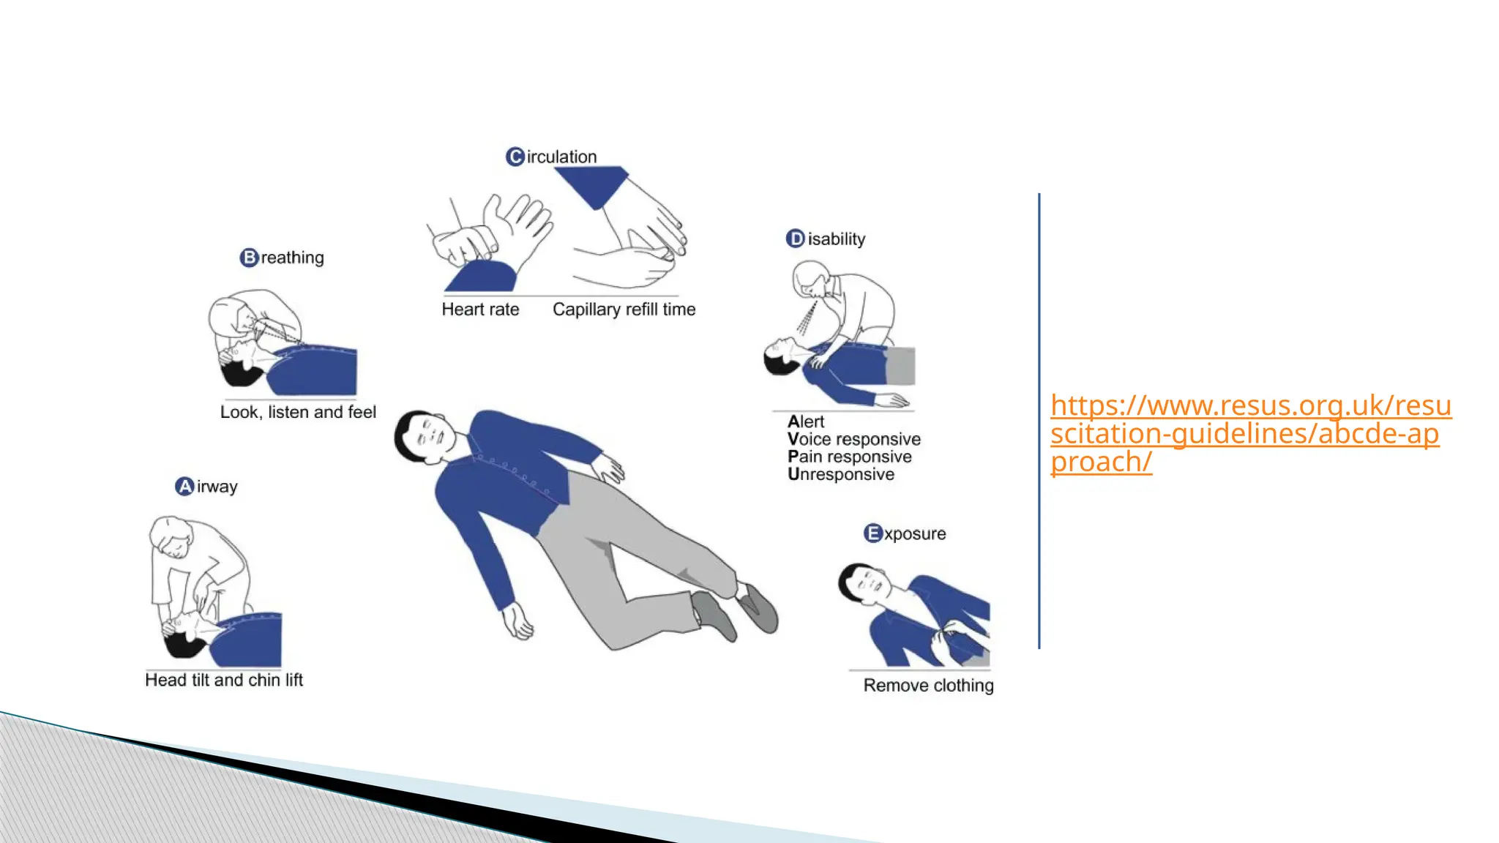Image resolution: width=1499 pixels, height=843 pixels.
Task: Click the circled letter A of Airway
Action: pos(184,487)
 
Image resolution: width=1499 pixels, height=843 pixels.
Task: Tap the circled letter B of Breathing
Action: pos(249,258)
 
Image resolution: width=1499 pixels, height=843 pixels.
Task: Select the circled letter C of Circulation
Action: pos(515,157)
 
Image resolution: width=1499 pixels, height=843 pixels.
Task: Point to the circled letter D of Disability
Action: pos(795,239)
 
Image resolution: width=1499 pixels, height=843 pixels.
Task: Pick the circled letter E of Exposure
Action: pos(872,533)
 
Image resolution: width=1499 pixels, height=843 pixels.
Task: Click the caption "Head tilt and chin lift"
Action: pos(224,680)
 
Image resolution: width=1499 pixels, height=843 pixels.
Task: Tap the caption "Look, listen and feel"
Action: pos(298,412)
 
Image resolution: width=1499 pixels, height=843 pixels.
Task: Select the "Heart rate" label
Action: pos(480,310)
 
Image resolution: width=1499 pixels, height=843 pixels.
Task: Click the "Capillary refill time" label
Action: pos(624,310)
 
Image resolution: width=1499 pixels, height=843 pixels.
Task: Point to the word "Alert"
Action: pos(806,421)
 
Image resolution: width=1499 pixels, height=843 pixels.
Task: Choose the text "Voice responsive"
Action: pos(854,439)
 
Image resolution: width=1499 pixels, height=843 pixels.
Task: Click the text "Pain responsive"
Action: pos(850,457)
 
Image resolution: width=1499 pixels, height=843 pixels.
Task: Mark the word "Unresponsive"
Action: pos(841,474)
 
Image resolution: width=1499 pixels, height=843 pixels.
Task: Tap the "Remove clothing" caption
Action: pos(928,686)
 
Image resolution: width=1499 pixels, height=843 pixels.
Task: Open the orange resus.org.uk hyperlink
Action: pos(1250,433)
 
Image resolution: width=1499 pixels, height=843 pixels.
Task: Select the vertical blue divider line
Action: pos(1039,421)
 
